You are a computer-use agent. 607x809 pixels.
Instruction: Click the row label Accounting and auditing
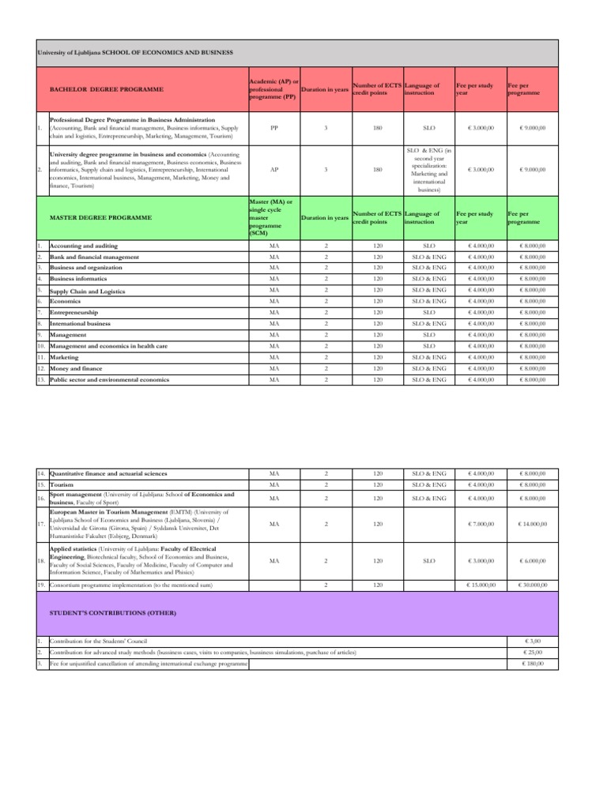click(83, 246)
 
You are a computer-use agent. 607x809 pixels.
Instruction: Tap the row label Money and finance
click(79, 369)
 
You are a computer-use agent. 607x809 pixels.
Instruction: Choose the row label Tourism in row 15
click(61, 484)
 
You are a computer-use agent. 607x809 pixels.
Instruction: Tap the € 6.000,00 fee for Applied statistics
click(531, 561)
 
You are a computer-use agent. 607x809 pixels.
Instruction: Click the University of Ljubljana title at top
click(135, 53)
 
